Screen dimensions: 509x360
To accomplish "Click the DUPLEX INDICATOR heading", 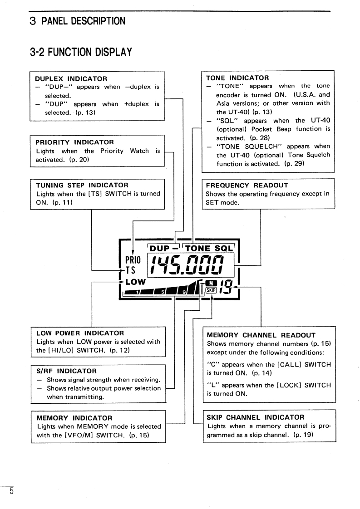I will coord(71,79).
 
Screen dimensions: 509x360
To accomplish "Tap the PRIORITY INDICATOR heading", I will coord(74,142).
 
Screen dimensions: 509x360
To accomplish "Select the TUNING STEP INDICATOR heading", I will coord(82,185).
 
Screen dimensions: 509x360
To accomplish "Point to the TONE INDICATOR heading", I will coord(237,78).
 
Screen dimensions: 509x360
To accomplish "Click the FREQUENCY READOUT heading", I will coord(247,186).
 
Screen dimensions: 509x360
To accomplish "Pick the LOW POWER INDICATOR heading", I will coord(80,333).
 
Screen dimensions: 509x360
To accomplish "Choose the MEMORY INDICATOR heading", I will coord(74,418).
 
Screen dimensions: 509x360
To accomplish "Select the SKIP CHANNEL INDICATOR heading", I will coord(256,417).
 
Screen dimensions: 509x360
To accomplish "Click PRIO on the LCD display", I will coord(133,260).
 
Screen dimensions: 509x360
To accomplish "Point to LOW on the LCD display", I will coord(136,282).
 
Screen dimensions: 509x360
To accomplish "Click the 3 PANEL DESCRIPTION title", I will coord(78,21).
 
